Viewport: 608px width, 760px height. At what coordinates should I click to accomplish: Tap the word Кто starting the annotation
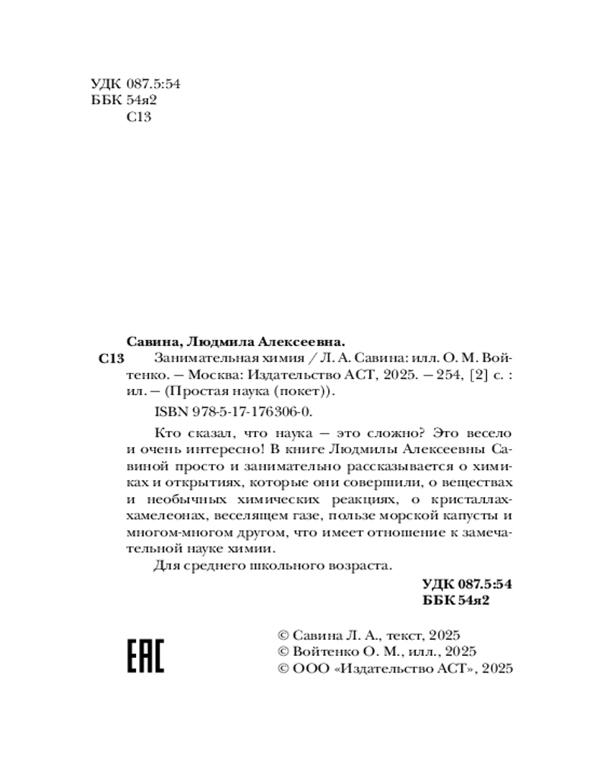[x=166, y=432]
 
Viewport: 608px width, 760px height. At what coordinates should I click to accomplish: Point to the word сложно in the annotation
[x=377, y=432]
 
